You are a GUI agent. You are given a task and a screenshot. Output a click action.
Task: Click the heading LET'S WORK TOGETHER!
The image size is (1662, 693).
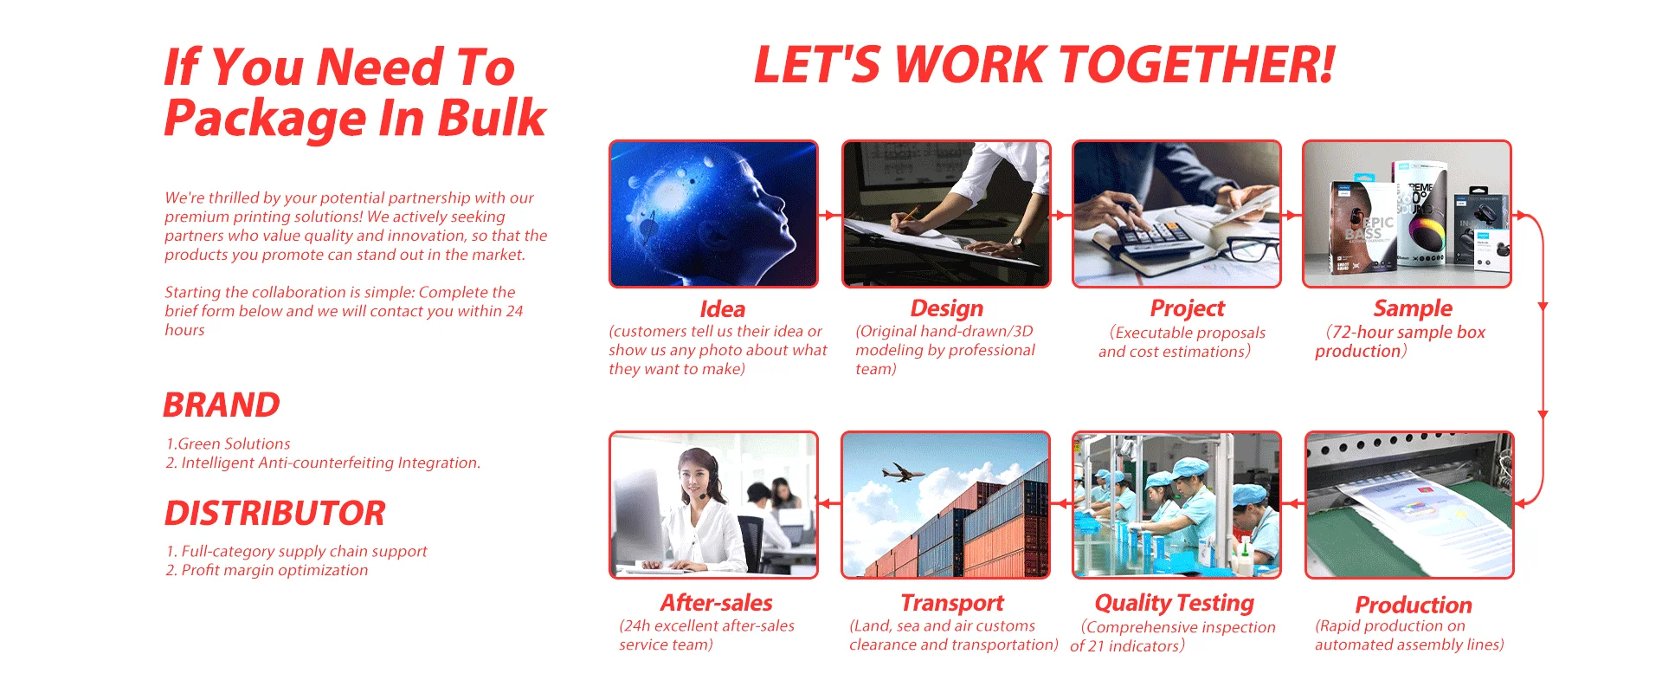click(1045, 65)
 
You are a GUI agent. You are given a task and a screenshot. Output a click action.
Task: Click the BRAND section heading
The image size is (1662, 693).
click(222, 405)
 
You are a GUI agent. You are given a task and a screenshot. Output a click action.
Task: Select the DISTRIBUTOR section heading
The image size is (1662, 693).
click(275, 513)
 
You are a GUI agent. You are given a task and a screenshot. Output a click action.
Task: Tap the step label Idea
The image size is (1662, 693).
click(723, 309)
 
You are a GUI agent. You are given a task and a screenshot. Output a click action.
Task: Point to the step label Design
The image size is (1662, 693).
click(947, 309)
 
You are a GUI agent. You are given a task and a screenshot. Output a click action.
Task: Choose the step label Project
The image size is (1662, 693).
click(1188, 309)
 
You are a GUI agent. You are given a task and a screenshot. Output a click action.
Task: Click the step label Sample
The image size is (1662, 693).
click(1413, 309)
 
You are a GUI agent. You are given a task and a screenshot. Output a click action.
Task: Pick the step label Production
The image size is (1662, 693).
click(1414, 605)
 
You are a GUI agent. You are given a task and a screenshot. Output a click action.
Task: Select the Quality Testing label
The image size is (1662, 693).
click(1175, 604)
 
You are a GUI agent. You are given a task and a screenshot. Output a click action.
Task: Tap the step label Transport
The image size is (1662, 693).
click(952, 604)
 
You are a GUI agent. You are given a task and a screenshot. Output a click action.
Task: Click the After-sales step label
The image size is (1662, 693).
click(717, 603)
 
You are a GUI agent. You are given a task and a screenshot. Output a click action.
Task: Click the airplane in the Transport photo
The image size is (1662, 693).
click(902, 472)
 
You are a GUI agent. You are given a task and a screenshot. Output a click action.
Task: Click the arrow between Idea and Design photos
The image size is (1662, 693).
click(829, 215)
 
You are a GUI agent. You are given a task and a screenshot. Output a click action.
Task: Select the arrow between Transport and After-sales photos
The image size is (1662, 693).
click(829, 503)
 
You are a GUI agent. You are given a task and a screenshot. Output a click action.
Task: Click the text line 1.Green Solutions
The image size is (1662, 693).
click(229, 444)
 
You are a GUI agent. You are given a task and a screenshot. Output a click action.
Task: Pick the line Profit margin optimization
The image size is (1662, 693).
click(274, 570)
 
